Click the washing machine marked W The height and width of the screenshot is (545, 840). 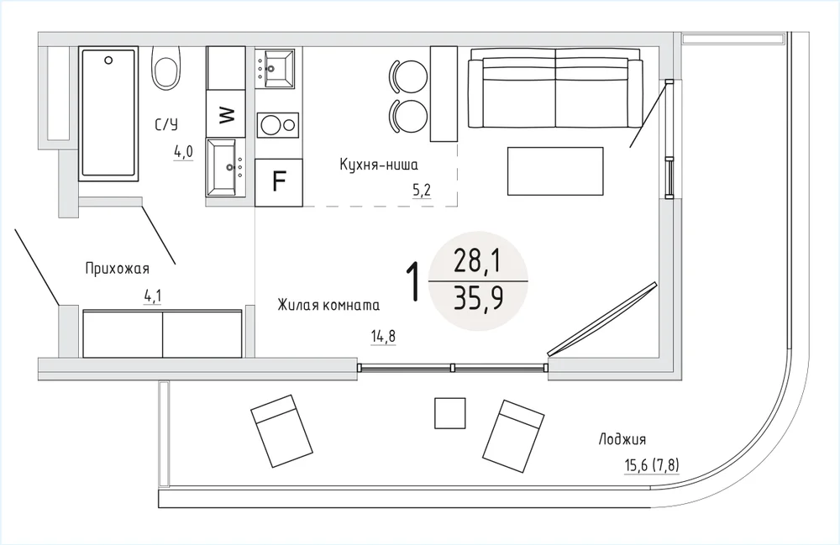pyautogui.click(x=225, y=113)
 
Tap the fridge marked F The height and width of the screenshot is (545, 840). pyautogui.click(x=279, y=182)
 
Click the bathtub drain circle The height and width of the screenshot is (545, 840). pyautogui.click(x=108, y=60)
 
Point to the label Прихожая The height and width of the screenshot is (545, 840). pyautogui.click(x=118, y=268)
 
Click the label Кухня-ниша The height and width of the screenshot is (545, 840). pyautogui.click(x=379, y=165)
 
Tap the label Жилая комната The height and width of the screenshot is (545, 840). pyautogui.click(x=328, y=305)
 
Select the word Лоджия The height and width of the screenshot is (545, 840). pyautogui.click(x=622, y=439)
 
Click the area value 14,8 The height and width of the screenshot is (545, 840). pyautogui.click(x=383, y=337)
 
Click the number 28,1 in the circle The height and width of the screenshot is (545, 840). pyautogui.click(x=477, y=262)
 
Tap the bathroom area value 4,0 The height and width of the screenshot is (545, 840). pyautogui.click(x=182, y=153)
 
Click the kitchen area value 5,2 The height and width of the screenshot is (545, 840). pyautogui.click(x=422, y=191)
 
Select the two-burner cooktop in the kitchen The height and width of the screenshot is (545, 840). pyautogui.click(x=277, y=125)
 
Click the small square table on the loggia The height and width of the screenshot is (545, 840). pyautogui.click(x=449, y=413)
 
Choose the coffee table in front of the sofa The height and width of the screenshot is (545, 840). pyautogui.click(x=555, y=171)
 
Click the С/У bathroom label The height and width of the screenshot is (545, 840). pyautogui.click(x=166, y=125)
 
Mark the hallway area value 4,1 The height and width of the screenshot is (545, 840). pyautogui.click(x=153, y=296)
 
